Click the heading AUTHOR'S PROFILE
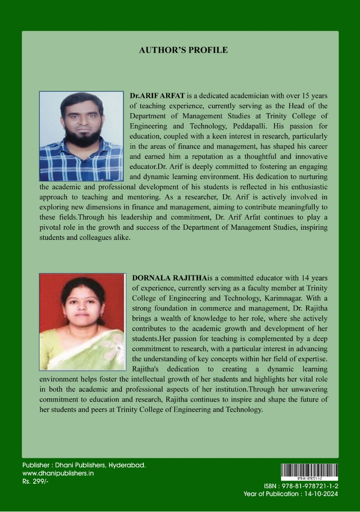(x=183, y=50)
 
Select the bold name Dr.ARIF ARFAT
(x=151, y=96)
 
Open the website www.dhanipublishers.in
(x=58, y=474)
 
